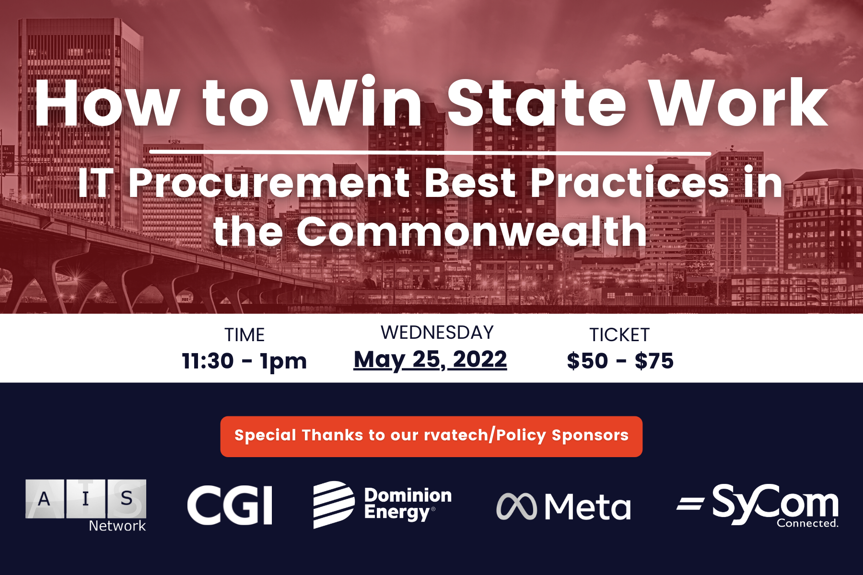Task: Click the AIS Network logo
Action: point(86,506)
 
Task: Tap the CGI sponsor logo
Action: point(230,505)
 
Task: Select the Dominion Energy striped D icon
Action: point(334,505)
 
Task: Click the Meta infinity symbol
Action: point(516,506)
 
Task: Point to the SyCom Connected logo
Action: point(758,506)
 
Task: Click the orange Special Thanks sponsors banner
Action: point(431,436)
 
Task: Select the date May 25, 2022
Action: point(430,360)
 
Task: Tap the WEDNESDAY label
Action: point(437,333)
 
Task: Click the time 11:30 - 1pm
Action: point(245,361)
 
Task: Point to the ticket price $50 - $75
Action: point(620,361)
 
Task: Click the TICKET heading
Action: point(619,335)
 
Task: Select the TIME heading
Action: point(245,335)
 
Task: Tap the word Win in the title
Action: point(358,101)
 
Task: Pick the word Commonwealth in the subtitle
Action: point(472,231)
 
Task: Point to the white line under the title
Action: point(430,153)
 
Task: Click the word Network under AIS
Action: point(117,526)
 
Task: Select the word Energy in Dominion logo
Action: point(397,513)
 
